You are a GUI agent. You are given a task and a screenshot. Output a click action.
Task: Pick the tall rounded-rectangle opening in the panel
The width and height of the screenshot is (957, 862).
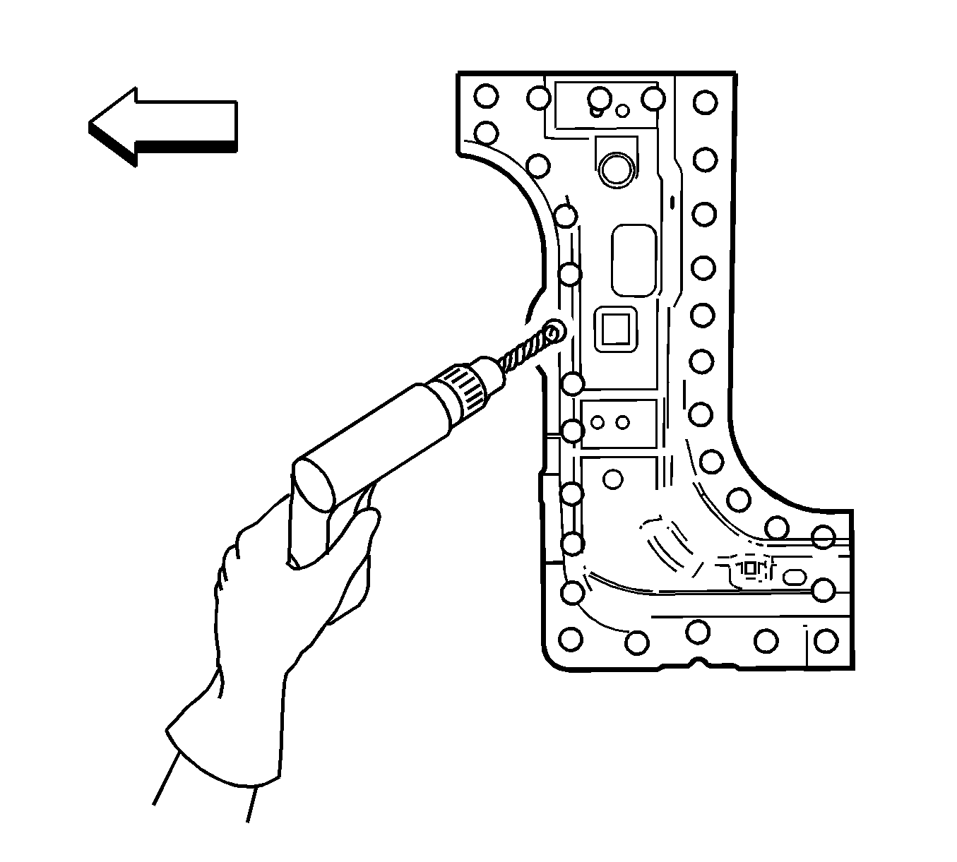click(x=634, y=261)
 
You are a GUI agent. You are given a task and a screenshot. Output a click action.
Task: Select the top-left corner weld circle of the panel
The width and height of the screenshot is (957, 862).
click(x=486, y=96)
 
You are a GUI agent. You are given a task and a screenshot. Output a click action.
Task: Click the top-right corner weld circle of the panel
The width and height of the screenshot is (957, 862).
click(x=704, y=102)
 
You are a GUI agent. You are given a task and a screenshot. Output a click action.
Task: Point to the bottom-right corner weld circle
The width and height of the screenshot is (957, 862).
click(x=825, y=641)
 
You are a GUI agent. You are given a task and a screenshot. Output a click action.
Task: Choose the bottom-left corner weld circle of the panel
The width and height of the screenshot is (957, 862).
click(x=571, y=640)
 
